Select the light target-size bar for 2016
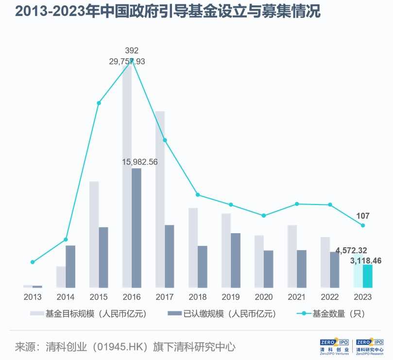click(127, 175)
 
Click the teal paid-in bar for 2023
click(368, 275)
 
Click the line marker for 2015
click(99, 103)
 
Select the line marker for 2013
click(33, 262)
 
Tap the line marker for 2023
click(363, 225)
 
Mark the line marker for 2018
click(198, 195)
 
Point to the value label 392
click(131, 51)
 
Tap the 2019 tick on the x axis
click(231, 297)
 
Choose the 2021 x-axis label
click(297, 297)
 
